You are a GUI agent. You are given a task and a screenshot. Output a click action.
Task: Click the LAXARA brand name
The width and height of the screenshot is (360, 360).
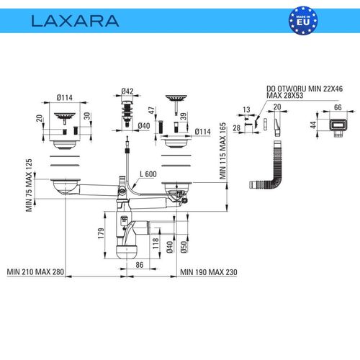75,21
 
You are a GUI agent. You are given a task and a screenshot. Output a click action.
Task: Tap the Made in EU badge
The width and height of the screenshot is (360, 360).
303,21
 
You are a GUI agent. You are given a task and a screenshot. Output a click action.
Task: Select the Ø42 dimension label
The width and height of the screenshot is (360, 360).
127,91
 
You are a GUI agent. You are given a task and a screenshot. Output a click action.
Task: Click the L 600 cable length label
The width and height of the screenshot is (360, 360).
148,174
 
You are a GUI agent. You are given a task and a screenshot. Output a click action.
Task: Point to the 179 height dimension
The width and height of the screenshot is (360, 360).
101,233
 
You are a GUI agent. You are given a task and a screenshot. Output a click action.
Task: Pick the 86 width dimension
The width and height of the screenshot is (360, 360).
140,265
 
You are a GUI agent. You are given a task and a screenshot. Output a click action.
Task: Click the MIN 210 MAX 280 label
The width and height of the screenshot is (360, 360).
35,272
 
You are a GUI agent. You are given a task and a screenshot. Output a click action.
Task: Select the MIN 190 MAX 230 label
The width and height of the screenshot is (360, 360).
209,272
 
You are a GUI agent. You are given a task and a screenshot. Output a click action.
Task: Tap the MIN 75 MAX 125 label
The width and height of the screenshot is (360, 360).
29,185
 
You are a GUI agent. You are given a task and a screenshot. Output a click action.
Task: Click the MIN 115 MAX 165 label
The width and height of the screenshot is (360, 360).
222,151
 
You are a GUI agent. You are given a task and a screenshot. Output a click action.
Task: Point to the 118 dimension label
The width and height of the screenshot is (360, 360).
156,243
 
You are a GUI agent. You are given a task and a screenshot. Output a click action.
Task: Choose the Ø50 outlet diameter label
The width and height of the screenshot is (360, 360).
184,247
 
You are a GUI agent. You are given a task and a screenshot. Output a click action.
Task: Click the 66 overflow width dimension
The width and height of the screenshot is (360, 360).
338,107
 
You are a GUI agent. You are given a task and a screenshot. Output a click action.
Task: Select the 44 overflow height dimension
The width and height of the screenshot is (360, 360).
313,125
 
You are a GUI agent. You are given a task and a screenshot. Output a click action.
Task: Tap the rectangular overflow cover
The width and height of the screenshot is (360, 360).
338,126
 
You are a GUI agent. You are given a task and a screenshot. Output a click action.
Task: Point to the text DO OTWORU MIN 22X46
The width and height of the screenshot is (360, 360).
305,89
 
